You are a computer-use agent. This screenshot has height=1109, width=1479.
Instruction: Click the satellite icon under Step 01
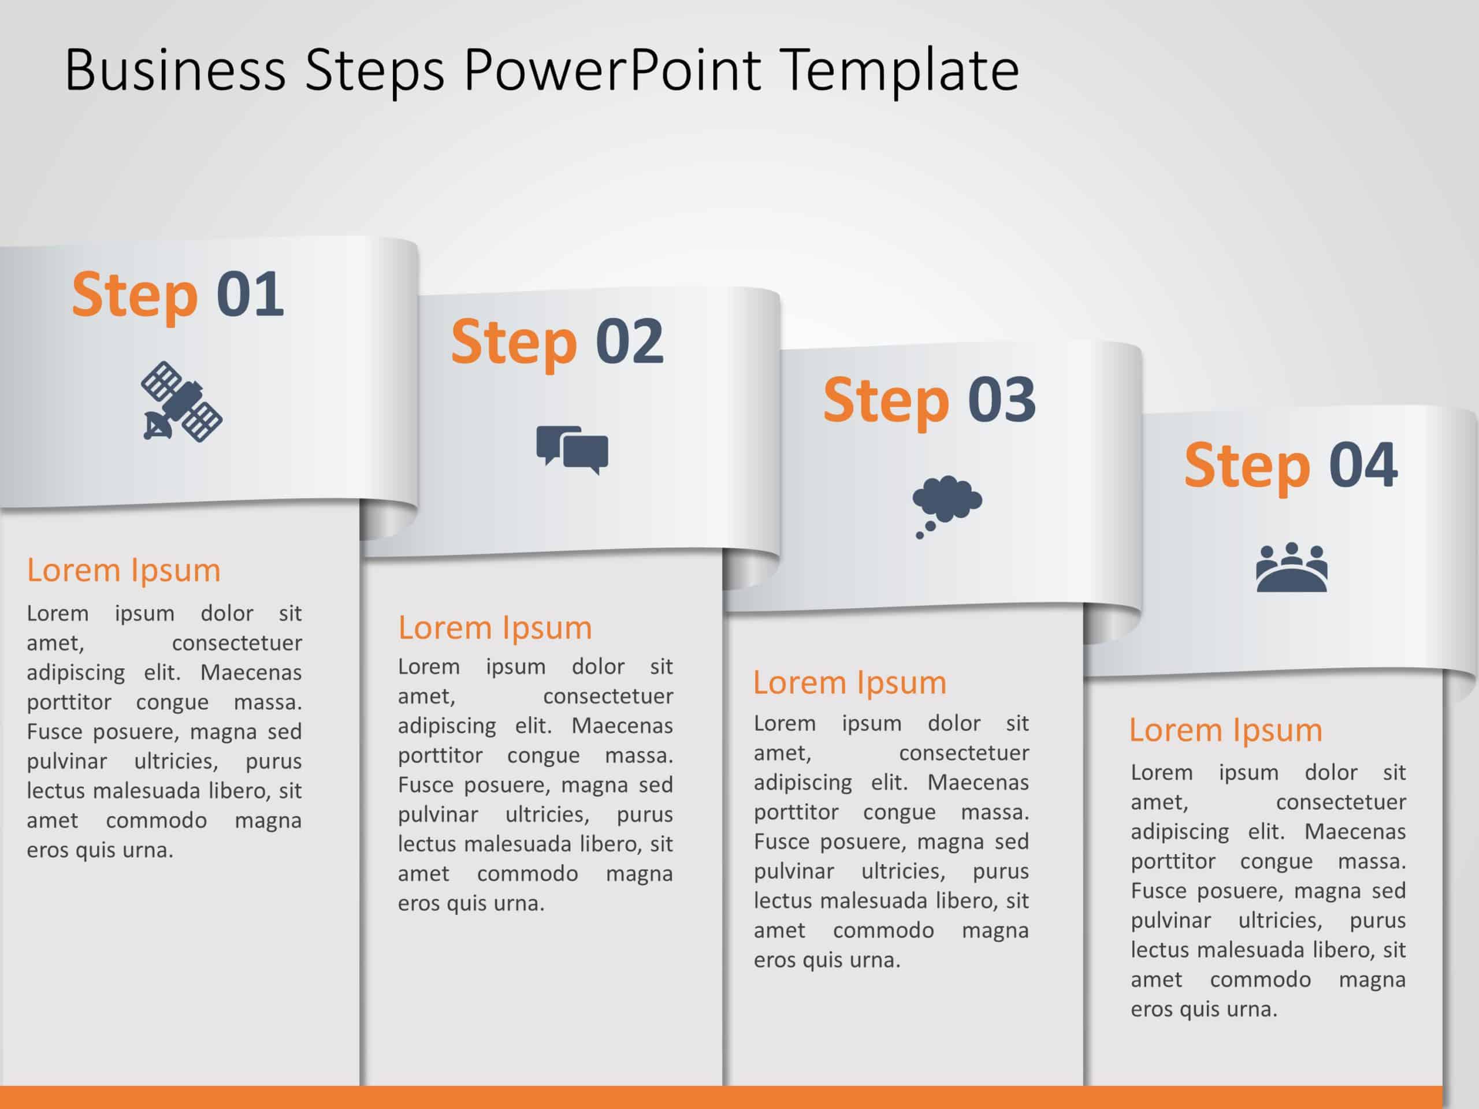click(181, 402)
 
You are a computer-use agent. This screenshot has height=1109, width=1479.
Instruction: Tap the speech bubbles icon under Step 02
click(573, 450)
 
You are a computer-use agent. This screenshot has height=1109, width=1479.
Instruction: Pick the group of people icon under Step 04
click(1292, 568)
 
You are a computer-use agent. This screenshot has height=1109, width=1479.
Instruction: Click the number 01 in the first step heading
click(250, 294)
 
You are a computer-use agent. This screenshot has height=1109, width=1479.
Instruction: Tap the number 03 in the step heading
click(1002, 399)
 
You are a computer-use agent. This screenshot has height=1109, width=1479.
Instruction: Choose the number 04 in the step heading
click(1363, 464)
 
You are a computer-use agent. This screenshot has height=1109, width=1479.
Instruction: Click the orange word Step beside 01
click(135, 297)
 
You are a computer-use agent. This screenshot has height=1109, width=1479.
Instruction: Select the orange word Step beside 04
click(1247, 468)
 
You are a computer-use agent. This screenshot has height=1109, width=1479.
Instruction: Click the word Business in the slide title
click(176, 70)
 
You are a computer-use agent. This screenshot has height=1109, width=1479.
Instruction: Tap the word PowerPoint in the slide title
click(612, 70)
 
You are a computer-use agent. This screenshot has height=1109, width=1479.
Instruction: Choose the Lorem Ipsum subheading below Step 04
click(1225, 731)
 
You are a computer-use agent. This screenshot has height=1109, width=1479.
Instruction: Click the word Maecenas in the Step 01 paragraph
click(251, 672)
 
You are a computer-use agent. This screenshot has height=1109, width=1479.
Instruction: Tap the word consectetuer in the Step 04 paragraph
click(1340, 802)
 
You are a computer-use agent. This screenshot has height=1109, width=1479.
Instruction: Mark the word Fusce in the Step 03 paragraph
click(779, 842)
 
